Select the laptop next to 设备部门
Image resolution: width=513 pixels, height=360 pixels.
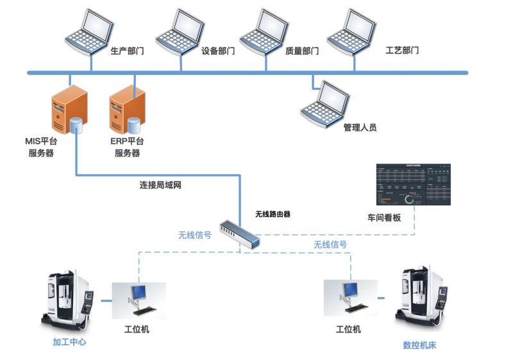tap(177, 31)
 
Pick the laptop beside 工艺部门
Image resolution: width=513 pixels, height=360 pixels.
tap(351, 31)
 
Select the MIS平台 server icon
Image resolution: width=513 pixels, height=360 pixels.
tap(69, 109)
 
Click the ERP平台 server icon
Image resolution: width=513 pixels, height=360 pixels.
tap(126, 109)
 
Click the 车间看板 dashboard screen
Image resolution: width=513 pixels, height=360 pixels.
tap(413, 185)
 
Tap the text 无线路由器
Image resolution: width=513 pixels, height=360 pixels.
tap(273, 214)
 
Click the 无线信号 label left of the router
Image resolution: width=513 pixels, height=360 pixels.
tap(195, 235)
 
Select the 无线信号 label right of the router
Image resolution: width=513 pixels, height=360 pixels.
tap(330, 244)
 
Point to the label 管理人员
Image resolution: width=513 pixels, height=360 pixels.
tap(360, 127)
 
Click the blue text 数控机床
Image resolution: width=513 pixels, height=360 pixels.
tap(419, 345)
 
